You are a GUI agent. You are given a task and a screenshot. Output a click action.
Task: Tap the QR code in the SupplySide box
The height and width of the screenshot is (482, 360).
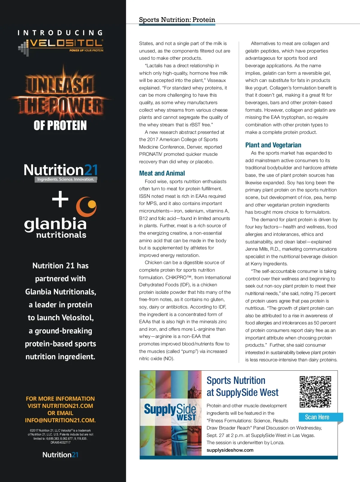pos(315,392)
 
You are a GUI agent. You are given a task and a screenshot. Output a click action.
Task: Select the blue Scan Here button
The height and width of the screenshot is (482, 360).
pos(317,417)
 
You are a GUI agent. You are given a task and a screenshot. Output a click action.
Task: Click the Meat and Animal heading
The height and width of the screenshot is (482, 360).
pos(162,173)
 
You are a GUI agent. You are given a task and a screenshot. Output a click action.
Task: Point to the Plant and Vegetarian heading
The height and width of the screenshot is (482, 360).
pos(273,145)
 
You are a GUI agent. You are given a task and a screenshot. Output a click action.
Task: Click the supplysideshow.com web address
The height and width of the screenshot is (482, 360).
pos(230,450)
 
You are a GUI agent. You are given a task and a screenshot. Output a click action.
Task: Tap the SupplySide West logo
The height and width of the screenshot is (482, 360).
pos(170,412)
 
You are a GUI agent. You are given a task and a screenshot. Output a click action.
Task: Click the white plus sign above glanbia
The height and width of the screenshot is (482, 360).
pos(60,199)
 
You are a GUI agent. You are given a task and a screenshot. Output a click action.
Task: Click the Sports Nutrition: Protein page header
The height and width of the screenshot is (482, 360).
pos(177,20)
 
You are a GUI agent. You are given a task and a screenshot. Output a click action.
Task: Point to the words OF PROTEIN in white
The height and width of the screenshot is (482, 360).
pos(60,125)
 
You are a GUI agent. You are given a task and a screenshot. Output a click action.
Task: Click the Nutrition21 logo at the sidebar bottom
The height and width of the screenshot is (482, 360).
pos(60,455)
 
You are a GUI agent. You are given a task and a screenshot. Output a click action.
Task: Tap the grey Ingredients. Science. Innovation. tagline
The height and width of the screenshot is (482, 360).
pos(65,179)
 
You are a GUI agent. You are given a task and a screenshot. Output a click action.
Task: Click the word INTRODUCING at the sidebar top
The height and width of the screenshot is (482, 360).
pos(60,33)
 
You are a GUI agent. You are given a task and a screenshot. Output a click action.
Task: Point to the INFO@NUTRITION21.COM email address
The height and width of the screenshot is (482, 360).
pos(60,420)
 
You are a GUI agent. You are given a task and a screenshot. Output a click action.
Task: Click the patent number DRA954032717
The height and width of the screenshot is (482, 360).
pos(60,442)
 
